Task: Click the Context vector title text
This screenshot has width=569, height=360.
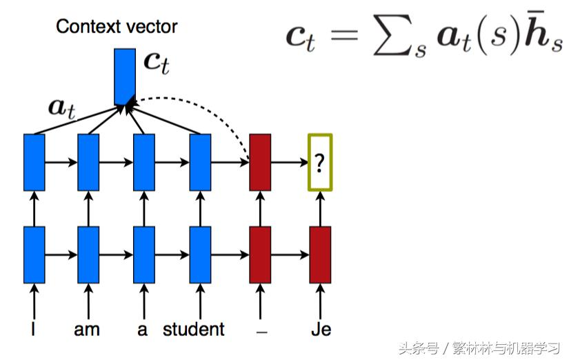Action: pos(117,27)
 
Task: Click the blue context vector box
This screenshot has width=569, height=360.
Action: pos(126,76)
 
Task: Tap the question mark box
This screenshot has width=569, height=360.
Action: pos(319,162)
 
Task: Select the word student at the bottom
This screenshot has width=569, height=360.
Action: pos(194,329)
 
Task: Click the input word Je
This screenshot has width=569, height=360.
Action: pos(320,329)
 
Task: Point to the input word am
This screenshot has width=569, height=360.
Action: pos(87,329)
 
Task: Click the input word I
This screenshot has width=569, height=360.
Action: pos(33,329)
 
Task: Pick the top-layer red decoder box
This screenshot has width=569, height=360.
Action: pos(260,162)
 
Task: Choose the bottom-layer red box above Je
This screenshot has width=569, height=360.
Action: pos(320,254)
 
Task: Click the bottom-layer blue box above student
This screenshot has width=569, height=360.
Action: pos(200,254)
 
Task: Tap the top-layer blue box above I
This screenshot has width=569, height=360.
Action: pos(34,162)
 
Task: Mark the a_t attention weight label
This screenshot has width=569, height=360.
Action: pos(61,107)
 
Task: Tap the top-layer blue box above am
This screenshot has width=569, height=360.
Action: pos(88,162)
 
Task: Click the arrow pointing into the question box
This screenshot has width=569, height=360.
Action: pos(290,163)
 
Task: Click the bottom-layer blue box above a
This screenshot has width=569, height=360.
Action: pos(143,254)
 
